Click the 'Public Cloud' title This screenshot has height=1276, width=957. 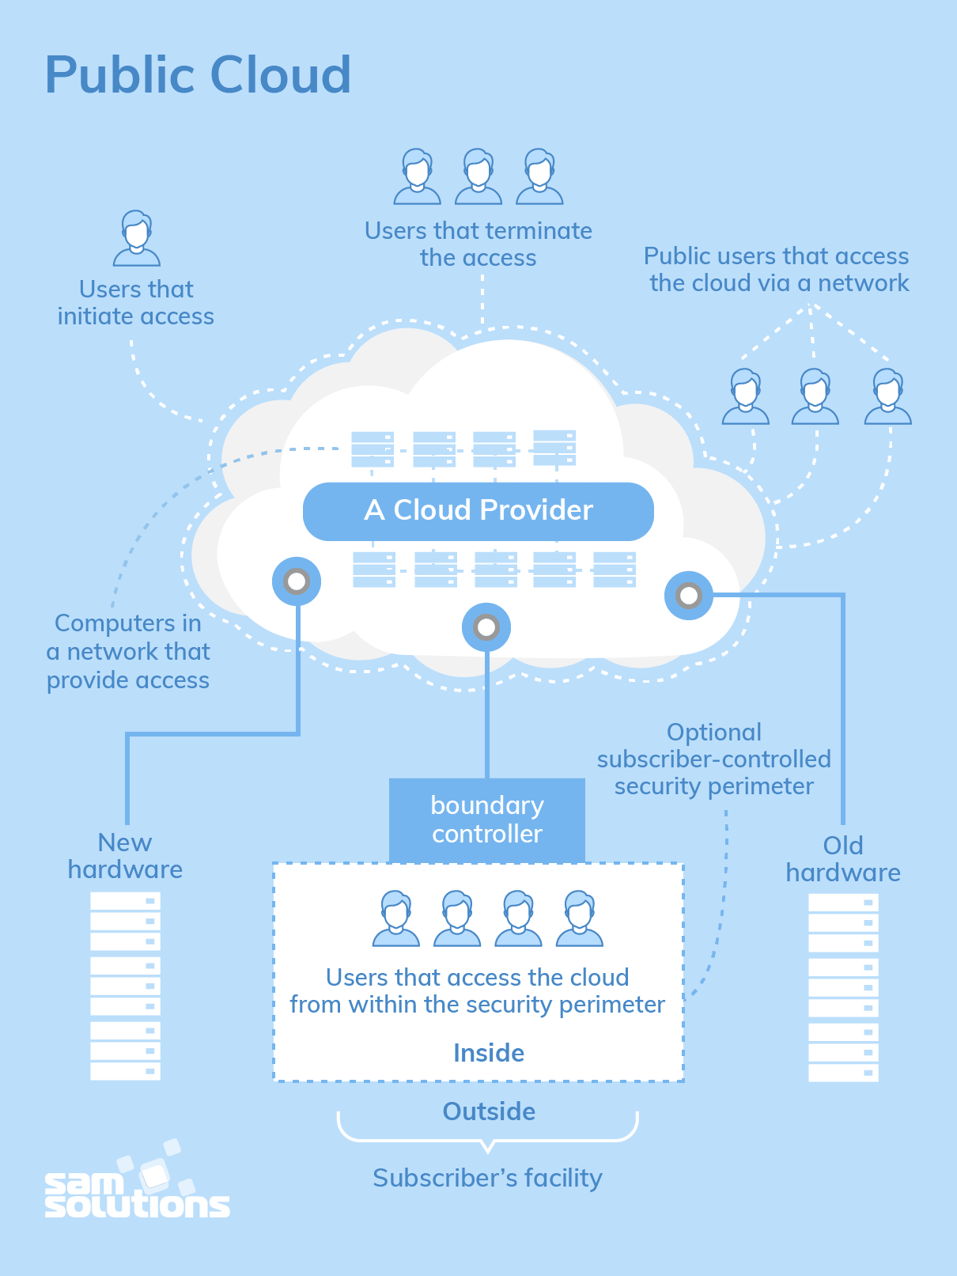198,75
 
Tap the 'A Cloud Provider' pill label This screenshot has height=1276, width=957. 478,511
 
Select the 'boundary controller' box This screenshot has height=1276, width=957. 486,820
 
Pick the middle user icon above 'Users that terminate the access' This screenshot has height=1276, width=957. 478,176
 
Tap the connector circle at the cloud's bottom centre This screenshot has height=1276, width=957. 486,627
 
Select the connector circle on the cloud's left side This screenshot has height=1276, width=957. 297,581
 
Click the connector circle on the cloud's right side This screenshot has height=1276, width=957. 688,595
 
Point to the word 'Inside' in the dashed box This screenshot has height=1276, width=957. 488,1053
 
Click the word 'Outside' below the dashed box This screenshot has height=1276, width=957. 488,1111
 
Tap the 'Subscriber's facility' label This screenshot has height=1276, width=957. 487,1178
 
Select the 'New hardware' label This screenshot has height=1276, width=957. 125,856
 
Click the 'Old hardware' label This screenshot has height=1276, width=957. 842,859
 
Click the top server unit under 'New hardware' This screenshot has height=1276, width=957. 125,901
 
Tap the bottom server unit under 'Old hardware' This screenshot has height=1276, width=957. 843,1073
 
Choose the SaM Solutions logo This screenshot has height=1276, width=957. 136,1184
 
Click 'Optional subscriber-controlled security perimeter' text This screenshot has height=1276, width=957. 713,759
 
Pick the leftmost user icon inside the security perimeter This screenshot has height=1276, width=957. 395,918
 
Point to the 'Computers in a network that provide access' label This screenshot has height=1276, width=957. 128,652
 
